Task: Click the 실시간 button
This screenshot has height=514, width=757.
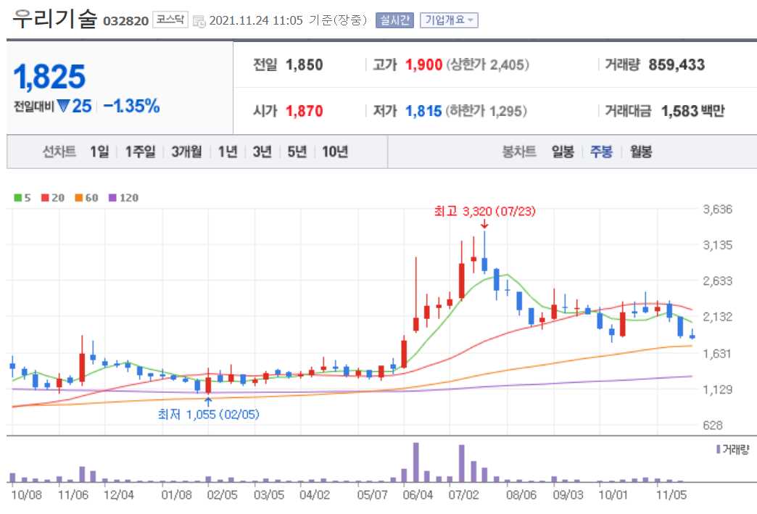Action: pyautogui.click(x=394, y=20)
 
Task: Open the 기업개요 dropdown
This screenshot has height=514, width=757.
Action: pyautogui.click(x=450, y=20)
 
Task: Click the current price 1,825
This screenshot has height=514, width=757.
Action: pyautogui.click(x=49, y=76)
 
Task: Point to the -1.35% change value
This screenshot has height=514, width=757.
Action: pyautogui.click(x=131, y=106)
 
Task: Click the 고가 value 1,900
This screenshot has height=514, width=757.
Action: pyautogui.click(x=423, y=65)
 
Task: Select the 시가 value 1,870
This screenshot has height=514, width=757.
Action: pyautogui.click(x=304, y=111)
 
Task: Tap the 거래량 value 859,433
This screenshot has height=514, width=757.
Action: pyautogui.click(x=677, y=65)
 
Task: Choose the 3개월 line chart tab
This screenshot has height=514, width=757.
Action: pyautogui.click(x=187, y=152)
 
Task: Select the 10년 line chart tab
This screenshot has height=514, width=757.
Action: pyautogui.click(x=335, y=152)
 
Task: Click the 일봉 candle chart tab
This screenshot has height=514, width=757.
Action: pyautogui.click(x=563, y=152)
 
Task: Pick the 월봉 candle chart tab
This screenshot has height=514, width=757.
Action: pyautogui.click(x=641, y=152)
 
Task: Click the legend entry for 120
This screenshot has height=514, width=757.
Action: pyautogui.click(x=123, y=197)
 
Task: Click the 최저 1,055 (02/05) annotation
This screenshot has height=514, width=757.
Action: pyautogui.click(x=208, y=414)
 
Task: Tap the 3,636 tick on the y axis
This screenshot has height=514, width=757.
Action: pyautogui.click(x=718, y=210)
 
